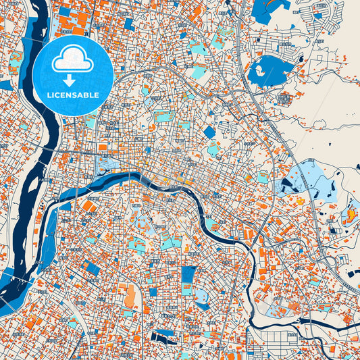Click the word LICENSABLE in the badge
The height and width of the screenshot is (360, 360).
(x=72, y=95)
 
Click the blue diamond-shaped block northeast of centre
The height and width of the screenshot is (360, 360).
(x=209, y=132)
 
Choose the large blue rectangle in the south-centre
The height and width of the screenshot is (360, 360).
(x=189, y=274)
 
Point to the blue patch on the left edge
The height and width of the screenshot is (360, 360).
(x=5, y=85)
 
